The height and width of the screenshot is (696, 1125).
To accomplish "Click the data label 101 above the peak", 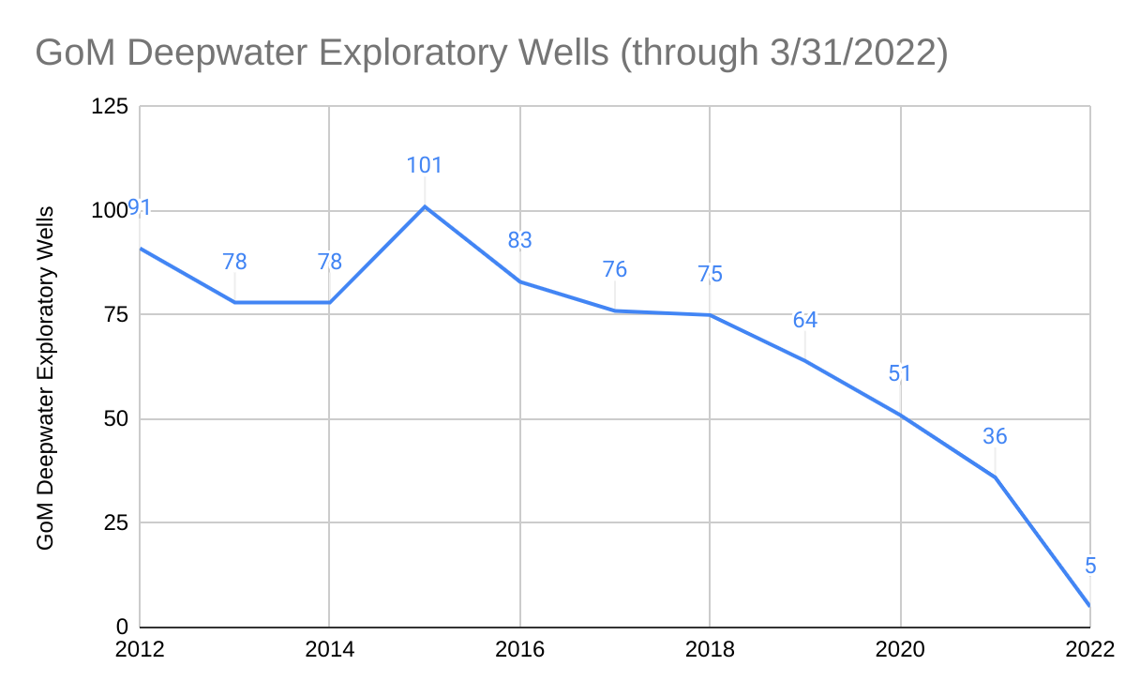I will [x=424, y=166].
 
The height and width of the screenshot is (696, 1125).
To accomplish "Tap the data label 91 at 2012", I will [x=140, y=207].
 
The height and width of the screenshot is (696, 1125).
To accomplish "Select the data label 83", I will [x=519, y=240].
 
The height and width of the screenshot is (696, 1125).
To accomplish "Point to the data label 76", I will [x=614, y=270].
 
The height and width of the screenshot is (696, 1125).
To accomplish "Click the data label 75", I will [x=710, y=274].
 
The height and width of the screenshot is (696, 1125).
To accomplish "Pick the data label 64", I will [x=804, y=320].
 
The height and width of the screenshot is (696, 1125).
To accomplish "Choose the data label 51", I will [x=900, y=373].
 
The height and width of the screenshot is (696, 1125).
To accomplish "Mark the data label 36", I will [x=995, y=436].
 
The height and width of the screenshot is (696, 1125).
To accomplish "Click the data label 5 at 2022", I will [x=1090, y=566].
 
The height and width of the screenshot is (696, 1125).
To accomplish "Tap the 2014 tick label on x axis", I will [x=329, y=649].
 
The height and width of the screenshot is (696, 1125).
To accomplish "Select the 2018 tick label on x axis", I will [x=710, y=649].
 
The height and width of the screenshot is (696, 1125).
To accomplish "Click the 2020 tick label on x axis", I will [x=900, y=649].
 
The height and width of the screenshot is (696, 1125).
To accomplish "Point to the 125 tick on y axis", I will [x=109, y=107].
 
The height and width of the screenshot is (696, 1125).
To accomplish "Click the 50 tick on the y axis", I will [x=114, y=419].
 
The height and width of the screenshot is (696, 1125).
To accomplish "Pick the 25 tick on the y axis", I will [x=114, y=523].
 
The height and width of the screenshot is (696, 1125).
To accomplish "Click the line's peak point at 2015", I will [x=425, y=206].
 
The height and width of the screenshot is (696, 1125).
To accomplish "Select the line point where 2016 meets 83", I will [x=519, y=281].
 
